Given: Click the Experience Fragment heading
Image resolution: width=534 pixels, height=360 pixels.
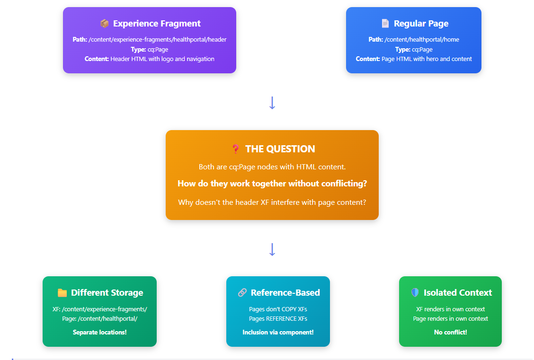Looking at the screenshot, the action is coord(157,24).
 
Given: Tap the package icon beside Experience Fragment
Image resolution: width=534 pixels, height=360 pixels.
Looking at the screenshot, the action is coord(105,24).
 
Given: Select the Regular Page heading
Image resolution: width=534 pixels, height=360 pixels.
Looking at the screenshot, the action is coord(421,24).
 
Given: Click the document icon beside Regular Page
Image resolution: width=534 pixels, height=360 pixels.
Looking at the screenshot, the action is coord(385,24).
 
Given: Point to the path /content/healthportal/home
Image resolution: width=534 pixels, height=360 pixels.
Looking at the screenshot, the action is coord(422,39).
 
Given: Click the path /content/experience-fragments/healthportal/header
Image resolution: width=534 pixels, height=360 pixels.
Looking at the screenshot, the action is coord(158,39).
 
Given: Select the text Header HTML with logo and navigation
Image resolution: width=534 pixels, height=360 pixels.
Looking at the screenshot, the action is coord(162,59).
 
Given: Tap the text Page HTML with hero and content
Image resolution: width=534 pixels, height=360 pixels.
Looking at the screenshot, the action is coord(427,59).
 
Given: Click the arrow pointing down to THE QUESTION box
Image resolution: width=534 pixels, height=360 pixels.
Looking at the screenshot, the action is coord(272,103).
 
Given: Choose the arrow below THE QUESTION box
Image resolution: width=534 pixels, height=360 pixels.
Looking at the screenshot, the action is coord(272,249).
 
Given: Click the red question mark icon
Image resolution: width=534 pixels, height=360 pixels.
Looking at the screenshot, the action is coord(235,149).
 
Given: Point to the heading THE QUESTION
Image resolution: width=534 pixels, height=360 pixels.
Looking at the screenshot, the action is coord(280,149).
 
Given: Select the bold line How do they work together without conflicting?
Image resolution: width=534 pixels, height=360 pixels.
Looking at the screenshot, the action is coord(272,184).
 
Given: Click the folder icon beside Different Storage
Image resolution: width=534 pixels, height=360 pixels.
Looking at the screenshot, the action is coord(62,293).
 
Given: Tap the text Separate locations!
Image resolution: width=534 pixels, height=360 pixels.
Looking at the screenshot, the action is coord(100,332).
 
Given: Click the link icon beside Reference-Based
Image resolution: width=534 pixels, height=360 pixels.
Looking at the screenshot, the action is coord(242,293).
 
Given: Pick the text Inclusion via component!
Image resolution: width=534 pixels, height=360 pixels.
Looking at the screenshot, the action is coord(278,332).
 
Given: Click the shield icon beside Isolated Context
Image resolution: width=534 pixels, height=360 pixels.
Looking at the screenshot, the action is coord(415,293).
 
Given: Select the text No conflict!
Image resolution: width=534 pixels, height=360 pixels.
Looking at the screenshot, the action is coord(451,332).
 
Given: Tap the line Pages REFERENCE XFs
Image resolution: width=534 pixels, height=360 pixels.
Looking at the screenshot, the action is coord(278,318).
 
